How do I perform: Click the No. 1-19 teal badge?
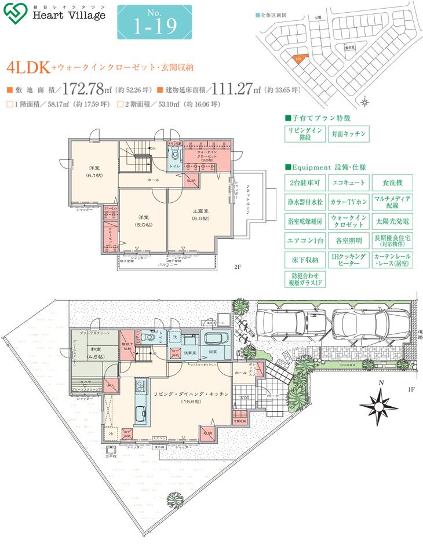(154, 22)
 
